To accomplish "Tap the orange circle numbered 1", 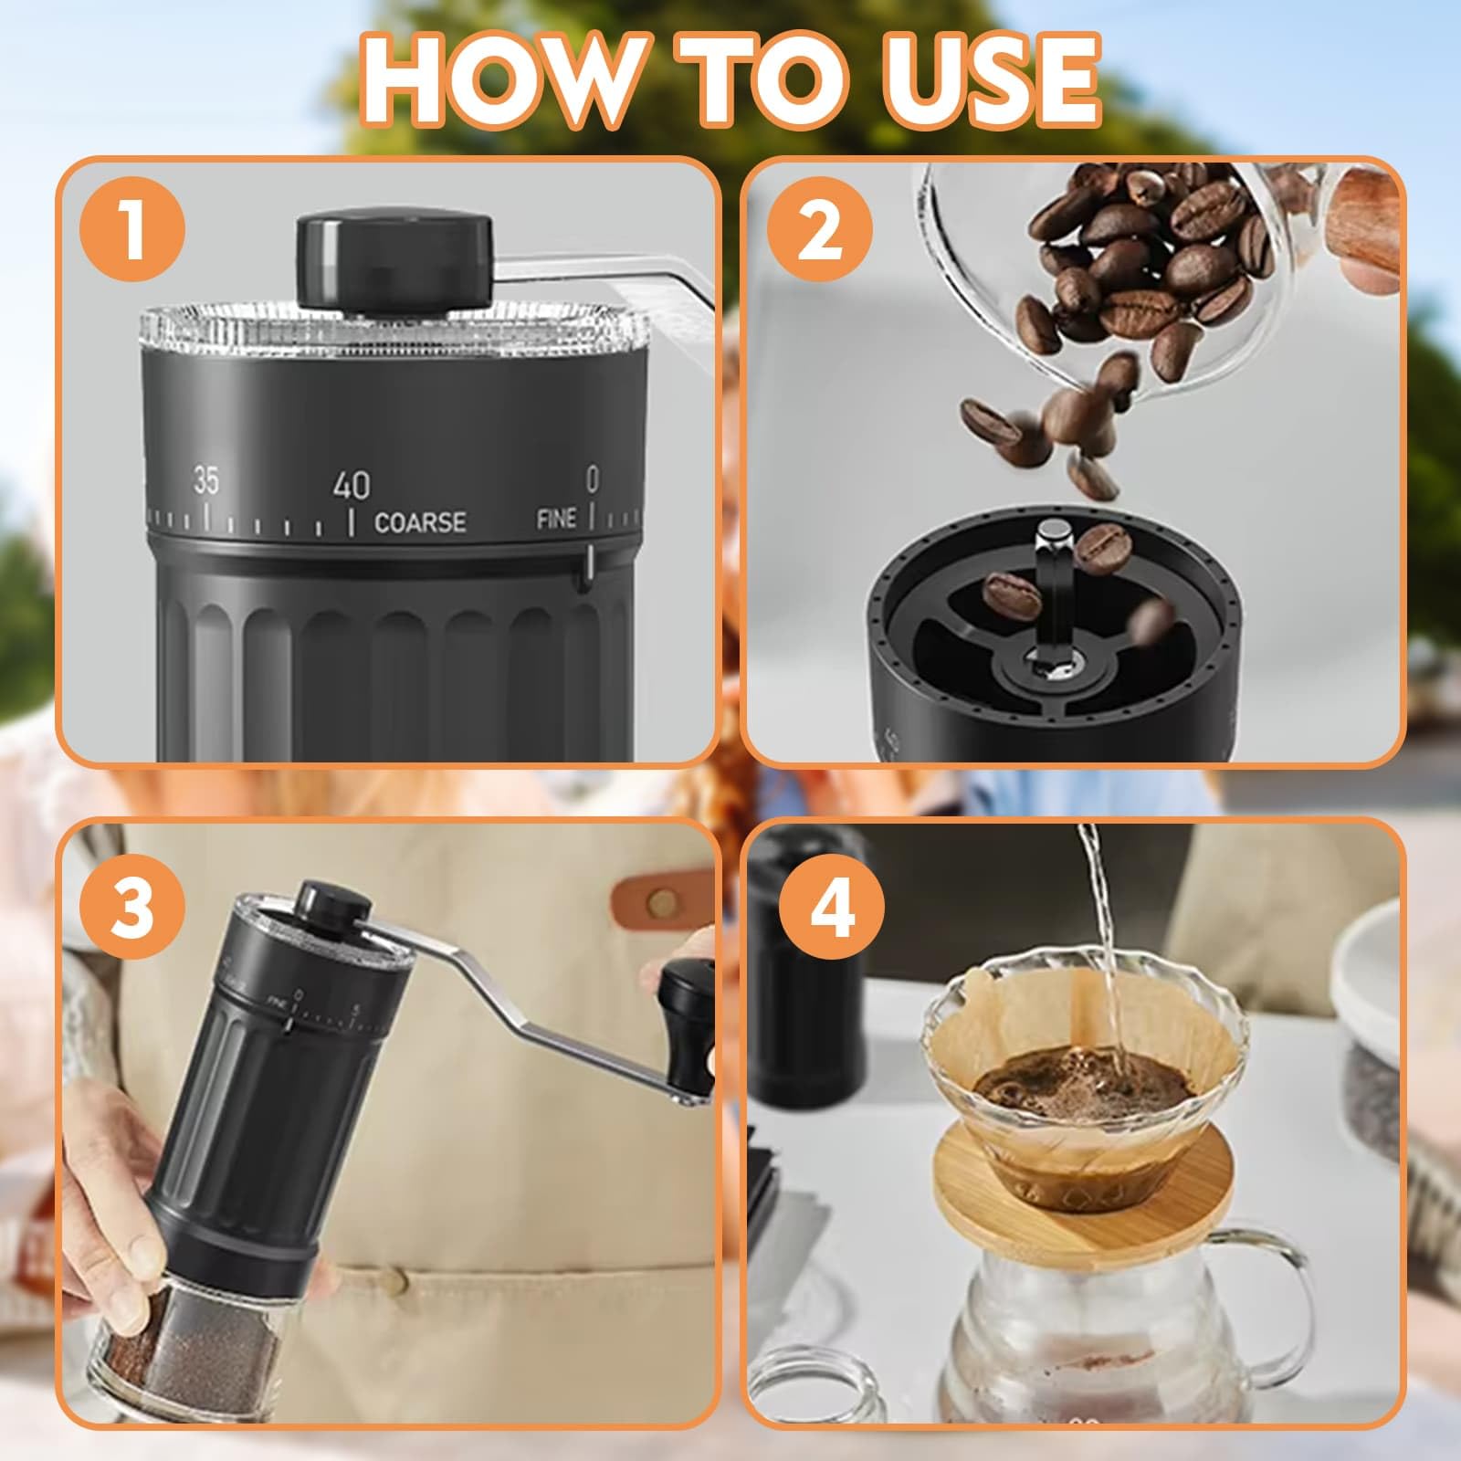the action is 134,231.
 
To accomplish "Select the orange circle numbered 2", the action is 819,231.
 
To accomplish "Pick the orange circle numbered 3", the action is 134,907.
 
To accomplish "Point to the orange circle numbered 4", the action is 832,907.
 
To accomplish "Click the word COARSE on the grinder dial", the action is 420,522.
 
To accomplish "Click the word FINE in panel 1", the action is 556,519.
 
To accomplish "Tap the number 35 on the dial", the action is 205,481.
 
